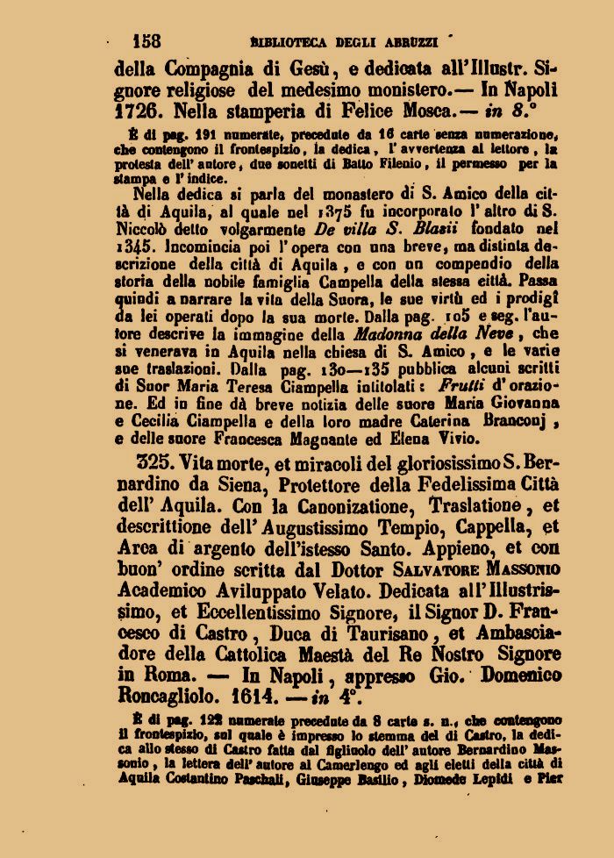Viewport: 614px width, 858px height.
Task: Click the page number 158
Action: (146, 40)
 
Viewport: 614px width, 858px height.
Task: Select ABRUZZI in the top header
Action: (413, 41)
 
